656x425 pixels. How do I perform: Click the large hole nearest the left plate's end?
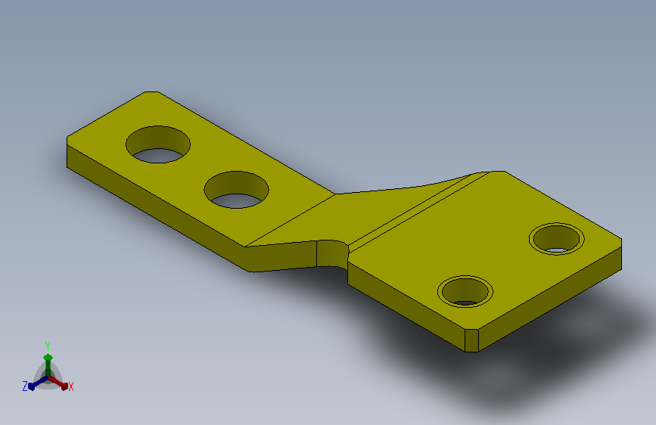pyautogui.click(x=158, y=144)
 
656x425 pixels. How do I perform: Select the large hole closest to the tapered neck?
pyautogui.click(x=236, y=190)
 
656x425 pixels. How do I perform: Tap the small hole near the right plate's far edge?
pyautogui.click(x=556, y=239)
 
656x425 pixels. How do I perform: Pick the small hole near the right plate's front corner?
pyautogui.click(x=465, y=292)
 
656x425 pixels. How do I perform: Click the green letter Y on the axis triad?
pyautogui.click(x=48, y=346)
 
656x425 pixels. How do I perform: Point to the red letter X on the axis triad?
pyautogui.click(x=71, y=387)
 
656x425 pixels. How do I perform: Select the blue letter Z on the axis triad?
pyautogui.click(x=25, y=386)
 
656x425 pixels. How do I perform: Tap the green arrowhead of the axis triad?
pyautogui.click(x=48, y=358)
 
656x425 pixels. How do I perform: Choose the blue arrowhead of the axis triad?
pyautogui.click(x=32, y=386)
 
